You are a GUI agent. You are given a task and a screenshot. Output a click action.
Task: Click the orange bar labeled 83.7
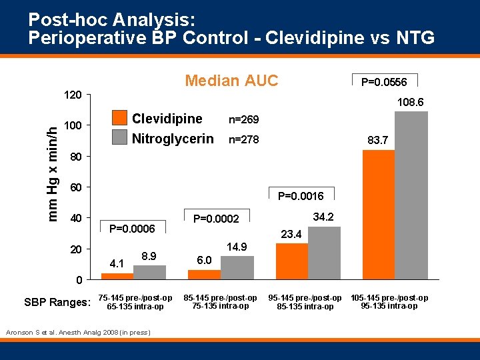(x=378, y=215)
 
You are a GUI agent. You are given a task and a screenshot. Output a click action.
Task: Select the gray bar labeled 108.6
(x=411, y=195)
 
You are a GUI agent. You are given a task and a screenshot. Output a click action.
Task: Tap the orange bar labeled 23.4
(x=292, y=261)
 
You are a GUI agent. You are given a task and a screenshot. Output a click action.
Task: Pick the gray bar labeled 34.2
(x=324, y=253)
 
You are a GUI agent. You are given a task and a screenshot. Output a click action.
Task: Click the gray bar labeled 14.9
(x=237, y=267)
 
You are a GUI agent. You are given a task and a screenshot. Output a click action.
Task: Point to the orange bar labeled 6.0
(x=204, y=275)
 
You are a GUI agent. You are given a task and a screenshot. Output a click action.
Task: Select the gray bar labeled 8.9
(x=149, y=272)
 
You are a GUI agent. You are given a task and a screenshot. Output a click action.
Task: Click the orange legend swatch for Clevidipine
(x=119, y=119)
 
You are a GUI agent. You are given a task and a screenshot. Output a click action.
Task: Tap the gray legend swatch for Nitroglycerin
(x=119, y=138)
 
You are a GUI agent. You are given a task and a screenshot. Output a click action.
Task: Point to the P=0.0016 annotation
(x=301, y=195)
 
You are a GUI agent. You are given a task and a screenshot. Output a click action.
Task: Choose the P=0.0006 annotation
(x=132, y=229)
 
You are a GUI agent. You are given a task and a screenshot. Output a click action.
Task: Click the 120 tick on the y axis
(x=73, y=95)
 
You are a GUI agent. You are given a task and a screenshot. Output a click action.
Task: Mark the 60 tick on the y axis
(x=75, y=187)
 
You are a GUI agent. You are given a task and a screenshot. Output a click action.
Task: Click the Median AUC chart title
(x=231, y=81)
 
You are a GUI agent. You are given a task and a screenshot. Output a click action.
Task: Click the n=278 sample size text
(x=243, y=140)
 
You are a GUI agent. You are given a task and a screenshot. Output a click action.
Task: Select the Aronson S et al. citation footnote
(x=78, y=332)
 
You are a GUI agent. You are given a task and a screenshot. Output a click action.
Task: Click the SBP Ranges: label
(x=57, y=302)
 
